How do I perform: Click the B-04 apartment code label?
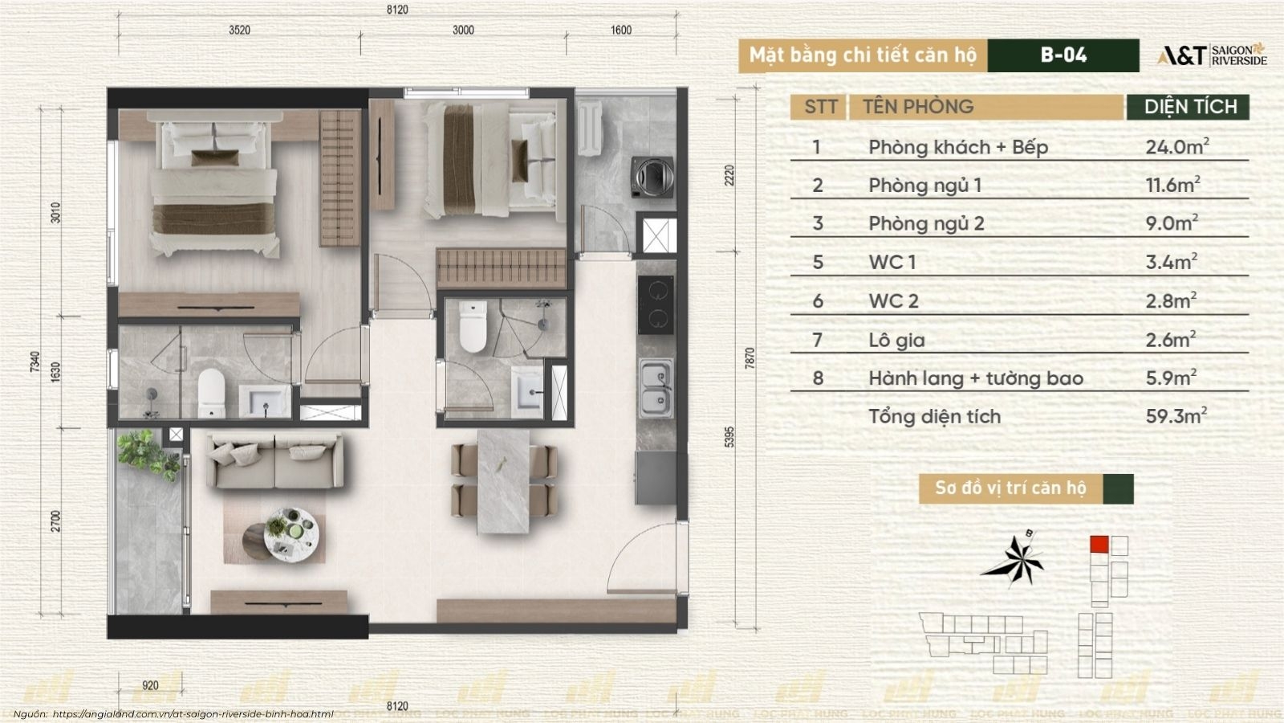click(x=1063, y=55)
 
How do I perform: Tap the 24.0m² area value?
click(x=1177, y=146)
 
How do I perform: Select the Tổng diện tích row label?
click(x=934, y=417)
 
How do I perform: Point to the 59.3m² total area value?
click(x=1176, y=415)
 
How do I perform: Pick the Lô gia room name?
click(x=896, y=341)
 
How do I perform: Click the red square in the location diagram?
click(x=1099, y=545)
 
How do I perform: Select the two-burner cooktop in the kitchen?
click(x=656, y=304)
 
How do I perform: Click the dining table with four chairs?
click(x=504, y=481)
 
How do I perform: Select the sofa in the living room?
click(x=275, y=461)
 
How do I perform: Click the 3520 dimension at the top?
click(x=240, y=30)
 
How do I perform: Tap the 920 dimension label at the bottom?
click(x=150, y=685)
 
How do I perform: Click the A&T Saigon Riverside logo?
click(x=1212, y=55)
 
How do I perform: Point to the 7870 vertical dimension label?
click(x=750, y=357)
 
